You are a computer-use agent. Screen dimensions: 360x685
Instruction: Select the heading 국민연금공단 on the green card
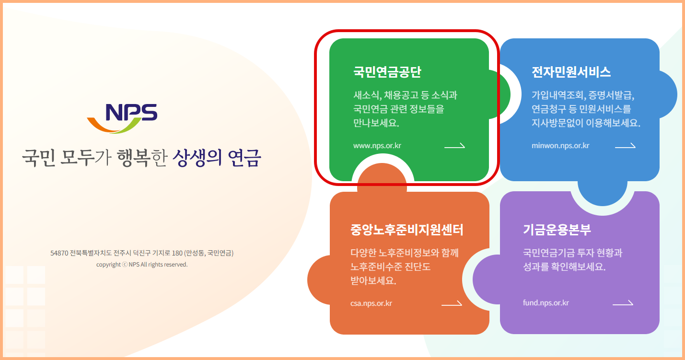(387, 72)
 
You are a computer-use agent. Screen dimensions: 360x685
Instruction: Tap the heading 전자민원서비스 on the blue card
(571, 72)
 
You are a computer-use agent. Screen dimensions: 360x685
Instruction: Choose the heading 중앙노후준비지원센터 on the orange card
(406, 230)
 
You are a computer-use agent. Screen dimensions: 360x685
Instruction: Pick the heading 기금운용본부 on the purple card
(557, 230)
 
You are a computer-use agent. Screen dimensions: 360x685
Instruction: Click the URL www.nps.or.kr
(377, 146)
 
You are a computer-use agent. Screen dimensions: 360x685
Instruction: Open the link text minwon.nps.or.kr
(560, 146)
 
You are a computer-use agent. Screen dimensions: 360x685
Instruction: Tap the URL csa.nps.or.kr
(371, 303)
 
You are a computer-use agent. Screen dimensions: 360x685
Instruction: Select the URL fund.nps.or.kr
(546, 303)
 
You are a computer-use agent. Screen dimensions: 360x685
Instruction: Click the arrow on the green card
(454, 146)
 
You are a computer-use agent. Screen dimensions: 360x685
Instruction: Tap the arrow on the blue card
(625, 146)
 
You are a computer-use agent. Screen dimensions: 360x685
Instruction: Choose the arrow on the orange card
(452, 303)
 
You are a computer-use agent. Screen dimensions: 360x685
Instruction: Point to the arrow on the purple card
(623, 303)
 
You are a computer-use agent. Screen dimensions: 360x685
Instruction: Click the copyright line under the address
(141, 265)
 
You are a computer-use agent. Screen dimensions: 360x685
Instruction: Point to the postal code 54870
(59, 253)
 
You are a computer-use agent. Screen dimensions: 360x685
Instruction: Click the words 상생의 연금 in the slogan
(216, 158)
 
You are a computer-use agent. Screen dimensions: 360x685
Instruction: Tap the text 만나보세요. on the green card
(376, 123)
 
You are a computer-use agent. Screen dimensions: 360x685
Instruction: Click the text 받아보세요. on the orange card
(373, 280)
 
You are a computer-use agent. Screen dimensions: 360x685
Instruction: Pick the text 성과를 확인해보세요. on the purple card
(564, 267)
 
